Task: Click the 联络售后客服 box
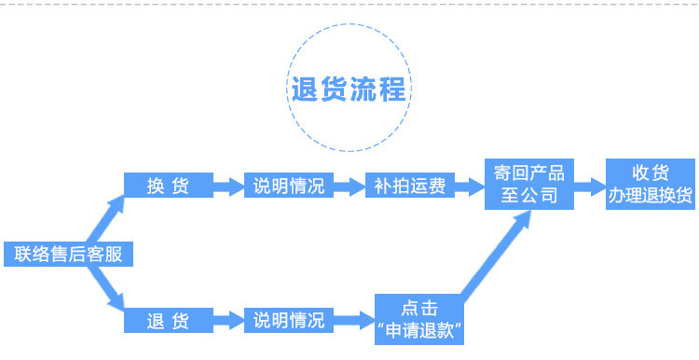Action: point(68,254)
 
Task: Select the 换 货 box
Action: point(169,186)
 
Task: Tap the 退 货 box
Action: point(169,320)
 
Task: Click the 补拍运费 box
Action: point(410,186)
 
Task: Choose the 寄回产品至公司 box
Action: point(529,184)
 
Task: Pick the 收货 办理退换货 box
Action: point(651,184)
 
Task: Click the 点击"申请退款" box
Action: point(419,319)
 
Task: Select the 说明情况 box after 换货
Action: point(289,186)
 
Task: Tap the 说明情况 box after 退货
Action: point(289,320)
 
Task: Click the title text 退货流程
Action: point(349,90)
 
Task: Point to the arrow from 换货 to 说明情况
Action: point(228,186)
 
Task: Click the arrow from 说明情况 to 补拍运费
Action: point(349,186)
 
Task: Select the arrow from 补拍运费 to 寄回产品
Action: point(470,186)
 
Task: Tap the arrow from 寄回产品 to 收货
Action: point(590,186)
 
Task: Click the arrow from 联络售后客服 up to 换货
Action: point(105,218)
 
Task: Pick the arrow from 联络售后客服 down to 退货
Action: point(105,288)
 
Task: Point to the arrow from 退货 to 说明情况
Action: point(228,320)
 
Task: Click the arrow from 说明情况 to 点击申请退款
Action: point(354,320)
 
